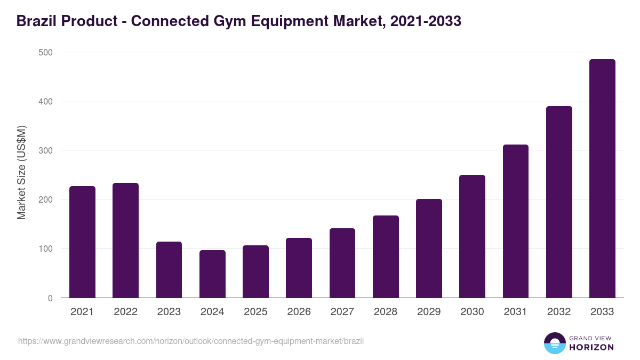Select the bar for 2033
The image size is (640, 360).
tap(602, 179)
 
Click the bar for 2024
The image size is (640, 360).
tap(212, 274)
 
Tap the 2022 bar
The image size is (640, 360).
tap(125, 241)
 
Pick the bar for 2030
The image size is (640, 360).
tap(472, 236)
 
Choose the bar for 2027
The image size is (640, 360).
tap(342, 263)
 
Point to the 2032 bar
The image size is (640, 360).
tap(559, 202)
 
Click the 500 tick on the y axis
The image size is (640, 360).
tap(46, 52)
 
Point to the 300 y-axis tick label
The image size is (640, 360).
tap(46, 150)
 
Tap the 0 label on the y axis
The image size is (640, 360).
tap(50, 298)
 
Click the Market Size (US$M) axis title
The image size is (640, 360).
tap(21, 173)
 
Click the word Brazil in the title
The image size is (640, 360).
tap(36, 22)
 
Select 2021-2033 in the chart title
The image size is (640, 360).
tap(425, 22)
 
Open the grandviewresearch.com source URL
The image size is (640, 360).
tap(191, 341)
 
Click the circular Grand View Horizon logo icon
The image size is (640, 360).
tap(554, 343)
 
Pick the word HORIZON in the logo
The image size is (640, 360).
tap(591, 347)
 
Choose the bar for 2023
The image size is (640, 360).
tap(169, 270)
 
